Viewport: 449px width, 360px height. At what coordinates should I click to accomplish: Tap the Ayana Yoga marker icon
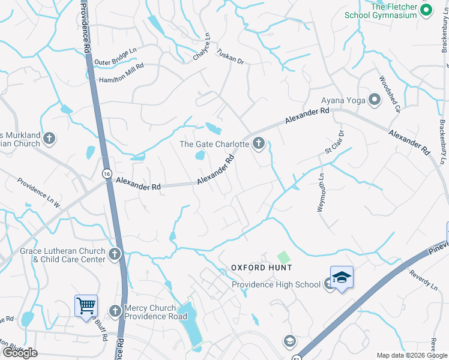coord(375,100)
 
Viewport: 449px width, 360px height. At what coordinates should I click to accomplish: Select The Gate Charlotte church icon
coord(259,143)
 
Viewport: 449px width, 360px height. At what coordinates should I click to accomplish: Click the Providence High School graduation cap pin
coord(342,278)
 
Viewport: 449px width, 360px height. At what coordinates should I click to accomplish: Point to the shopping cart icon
coord(86,305)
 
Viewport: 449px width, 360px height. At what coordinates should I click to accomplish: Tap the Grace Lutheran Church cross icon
coord(115,255)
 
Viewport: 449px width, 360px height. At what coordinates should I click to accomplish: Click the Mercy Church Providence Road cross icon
coord(115,311)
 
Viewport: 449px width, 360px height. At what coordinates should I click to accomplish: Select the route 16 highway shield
coord(106,173)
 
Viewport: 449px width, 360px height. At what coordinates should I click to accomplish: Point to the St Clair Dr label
coord(334,142)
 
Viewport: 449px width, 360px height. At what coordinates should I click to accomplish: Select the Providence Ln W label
coord(39,193)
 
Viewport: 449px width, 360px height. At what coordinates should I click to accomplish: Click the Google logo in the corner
coord(19,353)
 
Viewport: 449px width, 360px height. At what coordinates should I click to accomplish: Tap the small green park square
coord(283,257)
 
